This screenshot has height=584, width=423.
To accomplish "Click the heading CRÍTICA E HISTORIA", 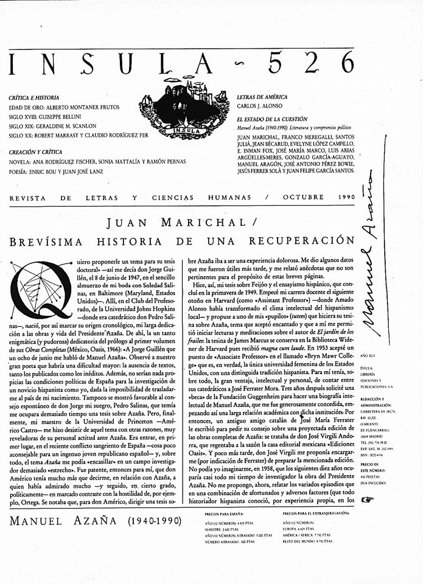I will coord(34,97).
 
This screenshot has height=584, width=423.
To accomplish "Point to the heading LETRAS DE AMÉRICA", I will coord(262,97).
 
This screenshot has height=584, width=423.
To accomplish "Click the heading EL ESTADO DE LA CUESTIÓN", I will coord(272,119).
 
